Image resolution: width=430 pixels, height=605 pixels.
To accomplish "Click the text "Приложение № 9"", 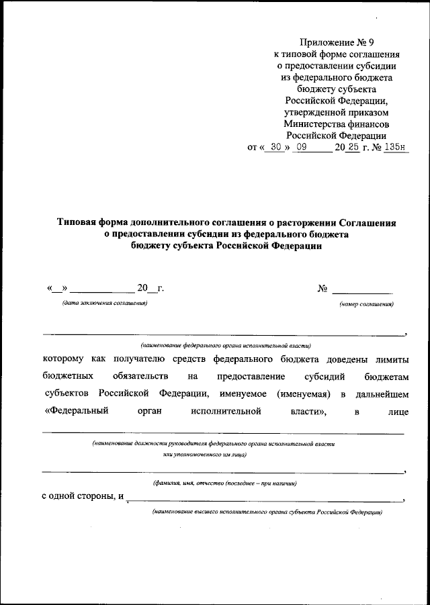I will coord(337,42).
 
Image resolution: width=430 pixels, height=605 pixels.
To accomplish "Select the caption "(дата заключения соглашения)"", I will coord(104,304).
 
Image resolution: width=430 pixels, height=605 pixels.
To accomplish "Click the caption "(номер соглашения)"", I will coord(366,304).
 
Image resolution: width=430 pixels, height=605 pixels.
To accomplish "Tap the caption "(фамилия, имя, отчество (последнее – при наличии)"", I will coord(224,483).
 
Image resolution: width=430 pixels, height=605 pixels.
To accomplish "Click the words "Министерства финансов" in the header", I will coord(337,124).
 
